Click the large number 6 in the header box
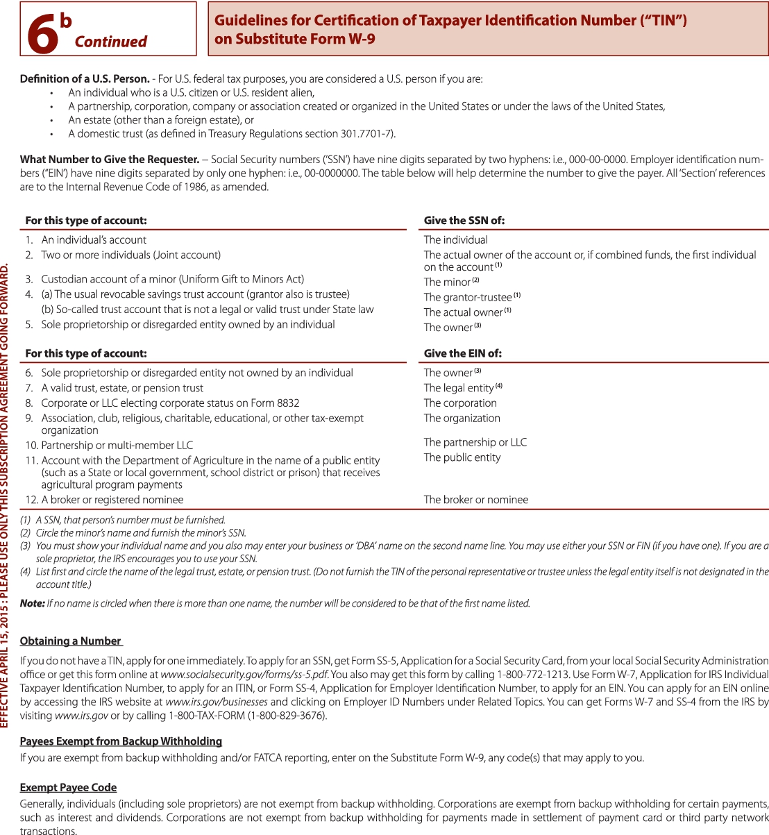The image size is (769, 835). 42,34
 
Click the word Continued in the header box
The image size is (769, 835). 110,42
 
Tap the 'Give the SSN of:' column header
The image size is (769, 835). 464,221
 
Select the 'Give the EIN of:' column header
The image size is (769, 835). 462,353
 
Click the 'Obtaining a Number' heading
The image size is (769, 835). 71,641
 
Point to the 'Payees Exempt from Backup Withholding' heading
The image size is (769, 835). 121,741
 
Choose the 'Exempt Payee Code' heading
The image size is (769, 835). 68,787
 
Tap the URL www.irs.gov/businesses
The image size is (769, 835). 217,702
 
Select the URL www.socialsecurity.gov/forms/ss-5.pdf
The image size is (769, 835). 244,674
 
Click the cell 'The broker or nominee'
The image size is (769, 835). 476,500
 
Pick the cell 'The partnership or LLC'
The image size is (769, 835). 475,442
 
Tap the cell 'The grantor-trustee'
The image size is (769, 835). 468,297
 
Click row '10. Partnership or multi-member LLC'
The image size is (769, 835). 109,445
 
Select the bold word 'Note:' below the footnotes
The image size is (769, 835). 33,603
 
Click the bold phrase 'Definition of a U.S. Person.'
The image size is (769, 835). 85,79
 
